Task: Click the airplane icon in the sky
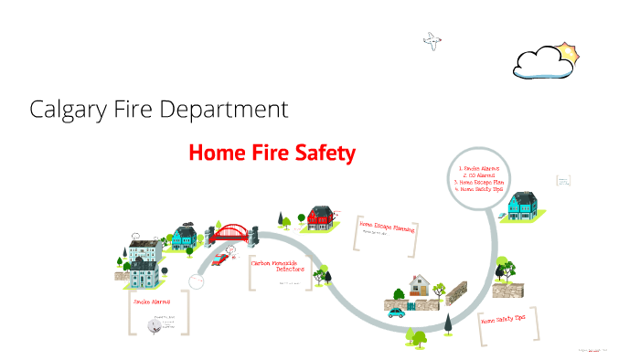point(432,38)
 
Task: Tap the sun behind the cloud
point(568,52)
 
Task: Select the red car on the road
point(220,259)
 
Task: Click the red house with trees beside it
point(320,217)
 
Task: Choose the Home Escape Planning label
point(386,225)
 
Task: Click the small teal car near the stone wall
point(396,312)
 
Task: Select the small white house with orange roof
point(421,284)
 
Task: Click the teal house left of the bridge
point(183,237)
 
